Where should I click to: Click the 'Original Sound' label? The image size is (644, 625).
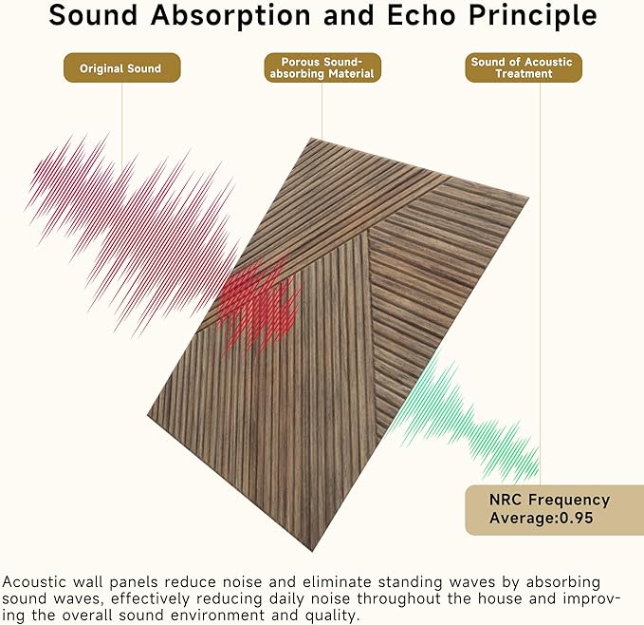(x=120, y=68)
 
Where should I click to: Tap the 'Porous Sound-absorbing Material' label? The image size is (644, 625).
(x=322, y=68)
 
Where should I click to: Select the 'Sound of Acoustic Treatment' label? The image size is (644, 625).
(x=522, y=68)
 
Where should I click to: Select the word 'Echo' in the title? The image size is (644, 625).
(x=403, y=16)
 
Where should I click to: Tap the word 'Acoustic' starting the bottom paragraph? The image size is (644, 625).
(x=35, y=581)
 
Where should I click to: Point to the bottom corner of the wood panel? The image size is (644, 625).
(x=314, y=548)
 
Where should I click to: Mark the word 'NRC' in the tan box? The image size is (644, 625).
(x=506, y=500)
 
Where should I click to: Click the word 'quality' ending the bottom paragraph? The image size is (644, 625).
(x=333, y=615)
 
